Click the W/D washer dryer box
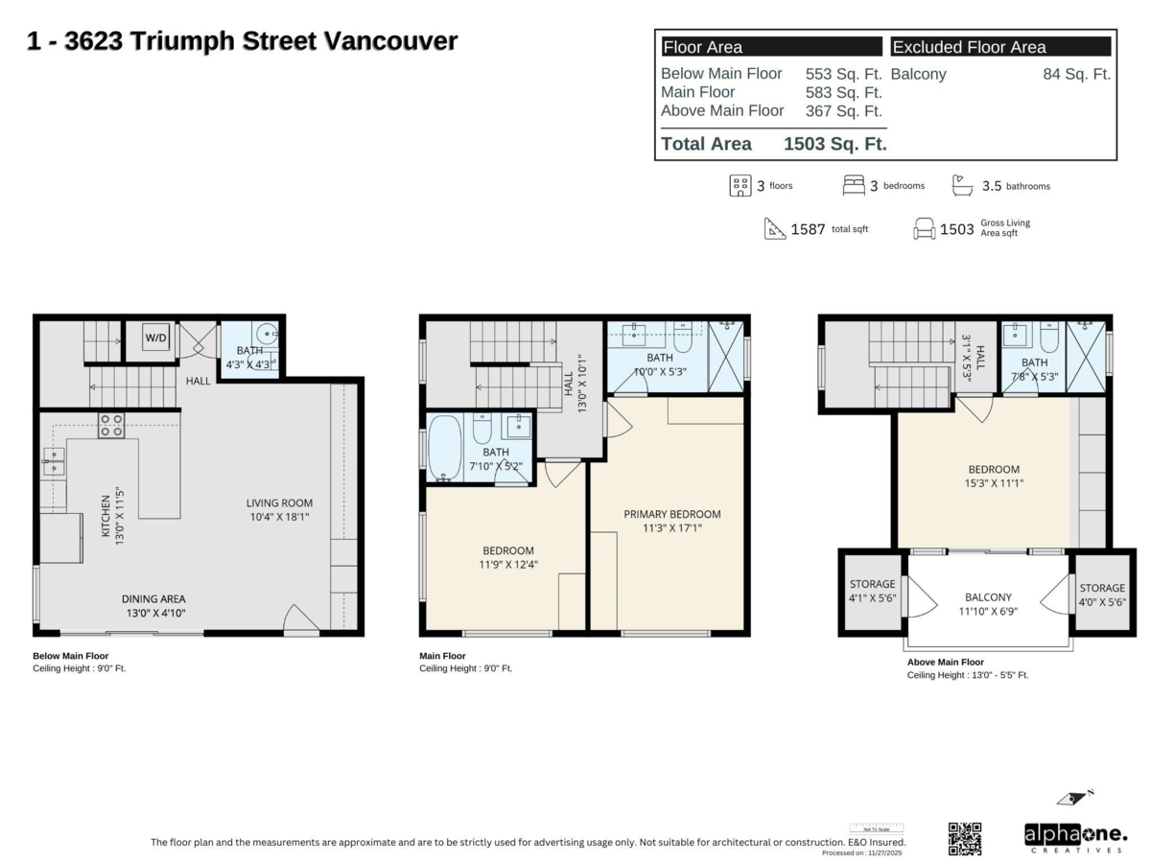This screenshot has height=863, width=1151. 153,338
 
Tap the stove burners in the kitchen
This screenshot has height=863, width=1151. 110,425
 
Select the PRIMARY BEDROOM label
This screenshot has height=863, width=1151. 671,514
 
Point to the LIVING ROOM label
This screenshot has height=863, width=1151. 279,502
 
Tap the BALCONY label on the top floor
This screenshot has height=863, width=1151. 988,596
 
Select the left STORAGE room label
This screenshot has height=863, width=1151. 872,584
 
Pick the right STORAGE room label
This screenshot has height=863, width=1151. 1101,588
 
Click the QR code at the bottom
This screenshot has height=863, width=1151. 965,838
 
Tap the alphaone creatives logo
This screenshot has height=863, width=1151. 1074,837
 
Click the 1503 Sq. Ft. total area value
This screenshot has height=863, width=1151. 834,145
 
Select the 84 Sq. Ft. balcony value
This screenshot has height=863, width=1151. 1076,74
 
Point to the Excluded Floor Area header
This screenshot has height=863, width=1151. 969,47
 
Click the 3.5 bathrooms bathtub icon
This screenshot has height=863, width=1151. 962,184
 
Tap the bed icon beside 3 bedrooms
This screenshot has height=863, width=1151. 853,185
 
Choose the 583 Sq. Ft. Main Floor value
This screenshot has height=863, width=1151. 843,92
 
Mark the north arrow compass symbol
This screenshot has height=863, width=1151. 1075,797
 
